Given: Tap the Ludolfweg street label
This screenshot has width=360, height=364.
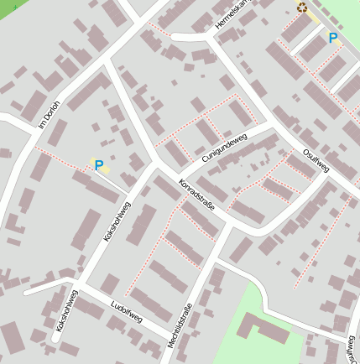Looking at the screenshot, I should click(x=127, y=312).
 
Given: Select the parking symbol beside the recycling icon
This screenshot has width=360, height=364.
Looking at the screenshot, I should click(x=333, y=38).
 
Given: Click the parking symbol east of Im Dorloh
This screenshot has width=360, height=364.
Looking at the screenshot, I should click(x=99, y=165).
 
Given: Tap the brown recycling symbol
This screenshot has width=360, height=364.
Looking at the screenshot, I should click(x=302, y=8).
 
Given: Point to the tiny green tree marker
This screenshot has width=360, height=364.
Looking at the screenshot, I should click(x=14, y=7).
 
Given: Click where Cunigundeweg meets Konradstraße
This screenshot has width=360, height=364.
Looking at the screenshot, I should click(x=159, y=163).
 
